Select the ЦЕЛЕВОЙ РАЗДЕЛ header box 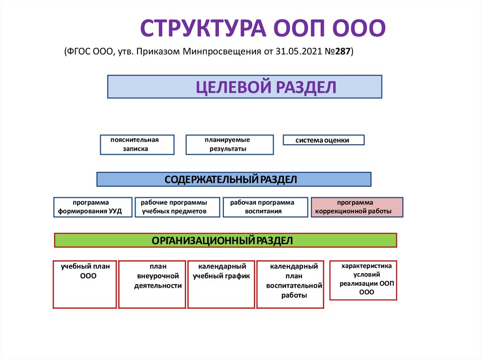[244, 87]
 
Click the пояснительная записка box [137, 145]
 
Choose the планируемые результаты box [229, 145]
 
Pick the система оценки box [323, 140]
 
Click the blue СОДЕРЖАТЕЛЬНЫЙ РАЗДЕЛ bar [233, 179]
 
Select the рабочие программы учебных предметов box [177, 207]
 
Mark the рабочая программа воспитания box [265, 207]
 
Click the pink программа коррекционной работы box [357, 207]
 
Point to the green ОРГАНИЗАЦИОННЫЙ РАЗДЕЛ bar [225, 240]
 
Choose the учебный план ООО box [85, 284]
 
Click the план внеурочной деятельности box [152, 284]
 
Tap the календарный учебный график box [221, 284]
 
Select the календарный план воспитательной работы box [290, 284]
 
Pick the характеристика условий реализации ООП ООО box [363, 280]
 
